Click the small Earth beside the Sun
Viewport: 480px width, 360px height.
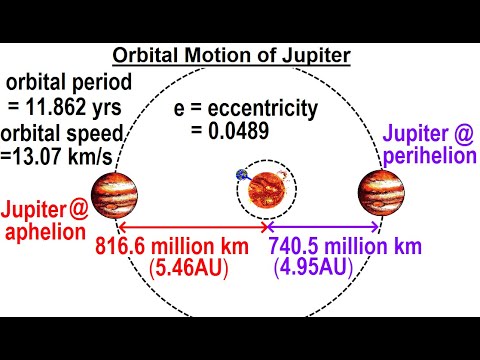tap(243, 174)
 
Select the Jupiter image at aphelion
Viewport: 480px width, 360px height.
tap(114, 190)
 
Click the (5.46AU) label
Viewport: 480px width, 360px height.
tap(187, 269)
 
